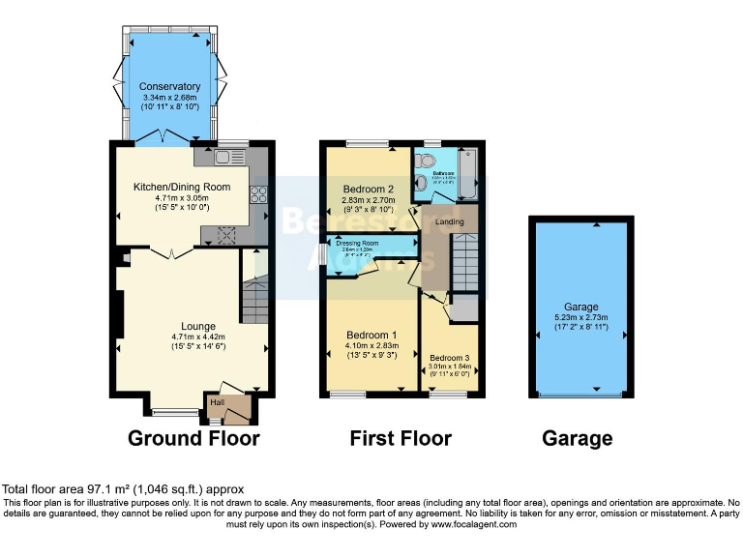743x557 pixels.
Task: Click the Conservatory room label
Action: (169, 86)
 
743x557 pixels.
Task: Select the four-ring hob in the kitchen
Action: (259, 194)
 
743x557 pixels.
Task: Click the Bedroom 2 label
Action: (367, 189)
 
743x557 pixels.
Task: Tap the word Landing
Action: (450, 222)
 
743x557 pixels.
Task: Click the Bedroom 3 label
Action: (449, 358)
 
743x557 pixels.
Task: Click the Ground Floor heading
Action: (193, 438)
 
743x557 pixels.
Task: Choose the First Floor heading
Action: (401, 438)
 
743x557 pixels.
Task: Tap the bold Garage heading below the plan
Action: (577, 438)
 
